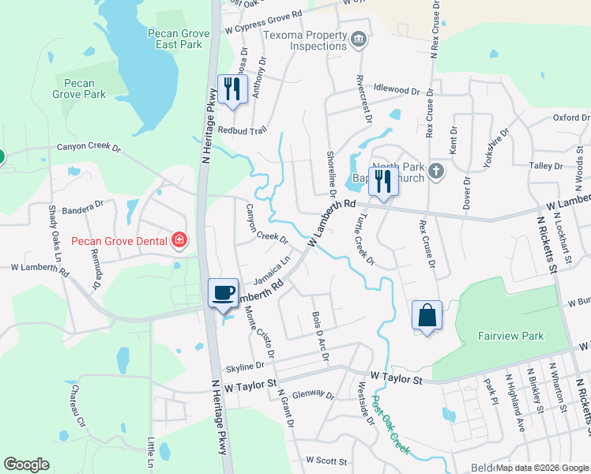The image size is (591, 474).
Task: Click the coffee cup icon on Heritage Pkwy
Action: (x=223, y=292)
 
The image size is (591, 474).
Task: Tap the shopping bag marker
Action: (x=427, y=315)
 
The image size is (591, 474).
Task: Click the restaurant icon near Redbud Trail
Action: (x=232, y=88)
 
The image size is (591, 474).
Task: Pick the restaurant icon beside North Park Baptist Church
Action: (x=383, y=182)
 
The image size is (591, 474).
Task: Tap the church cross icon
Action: (x=435, y=170)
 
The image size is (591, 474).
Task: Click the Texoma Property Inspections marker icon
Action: (x=359, y=37)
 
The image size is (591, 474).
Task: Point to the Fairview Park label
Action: (x=510, y=336)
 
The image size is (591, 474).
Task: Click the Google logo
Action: (x=26, y=465)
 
